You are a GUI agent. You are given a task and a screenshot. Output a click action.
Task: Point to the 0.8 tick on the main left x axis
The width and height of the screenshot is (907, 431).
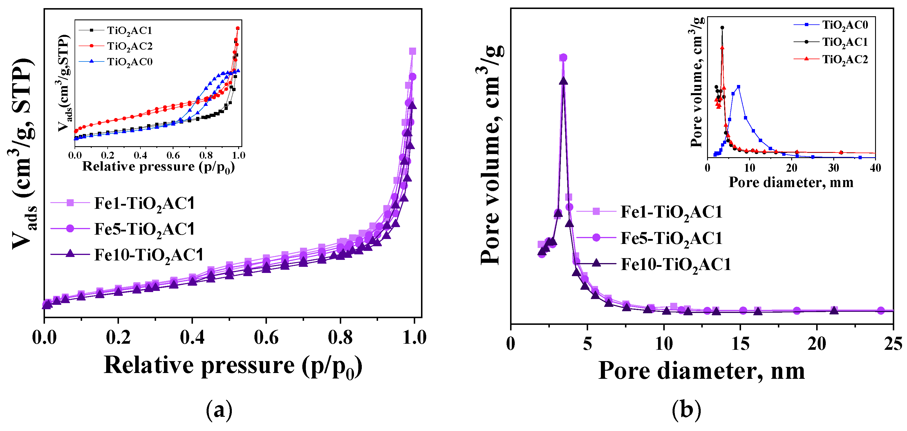(340, 338)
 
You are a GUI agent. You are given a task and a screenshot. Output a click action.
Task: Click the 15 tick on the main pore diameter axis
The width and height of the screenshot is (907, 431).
(740, 344)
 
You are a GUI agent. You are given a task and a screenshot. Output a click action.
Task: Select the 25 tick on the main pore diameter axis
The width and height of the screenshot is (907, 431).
(892, 344)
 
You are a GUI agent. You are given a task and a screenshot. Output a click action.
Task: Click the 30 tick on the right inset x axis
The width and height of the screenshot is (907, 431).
(833, 168)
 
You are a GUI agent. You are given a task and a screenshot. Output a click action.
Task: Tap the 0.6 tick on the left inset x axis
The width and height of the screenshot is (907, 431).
(173, 155)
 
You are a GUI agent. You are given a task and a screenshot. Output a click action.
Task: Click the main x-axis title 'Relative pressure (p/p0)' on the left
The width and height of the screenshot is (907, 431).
(233, 366)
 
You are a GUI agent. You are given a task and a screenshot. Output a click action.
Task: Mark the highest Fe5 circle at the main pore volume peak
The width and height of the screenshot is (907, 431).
(563, 57)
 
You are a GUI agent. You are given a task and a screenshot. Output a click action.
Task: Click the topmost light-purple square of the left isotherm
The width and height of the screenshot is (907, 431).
(413, 51)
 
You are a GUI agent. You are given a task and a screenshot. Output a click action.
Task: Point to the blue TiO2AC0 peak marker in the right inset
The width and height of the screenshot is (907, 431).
(738, 86)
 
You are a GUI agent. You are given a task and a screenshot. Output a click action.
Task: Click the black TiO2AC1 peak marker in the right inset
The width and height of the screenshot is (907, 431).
(722, 28)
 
